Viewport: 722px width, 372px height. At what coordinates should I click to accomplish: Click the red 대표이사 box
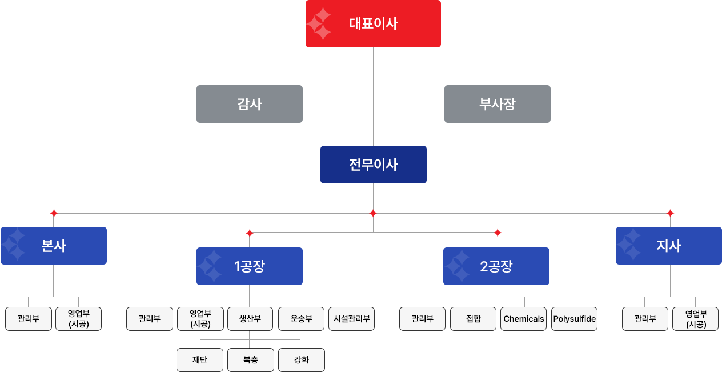pyautogui.click(x=373, y=23)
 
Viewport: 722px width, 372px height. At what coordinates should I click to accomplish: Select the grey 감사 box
pyautogui.click(x=250, y=104)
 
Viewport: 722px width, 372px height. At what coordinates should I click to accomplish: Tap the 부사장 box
pyautogui.click(x=497, y=104)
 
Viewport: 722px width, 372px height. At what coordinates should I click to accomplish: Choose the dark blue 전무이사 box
pyautogui.click(x=373, y=165)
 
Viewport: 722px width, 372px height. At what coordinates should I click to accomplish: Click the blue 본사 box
pyautogui.click(x=54, y=246)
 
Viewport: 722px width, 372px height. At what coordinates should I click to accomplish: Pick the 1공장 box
pyautogui.click(x=250, y=266)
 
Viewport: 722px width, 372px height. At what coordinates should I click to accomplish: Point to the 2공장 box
pyautogui.click(x=496, y=266)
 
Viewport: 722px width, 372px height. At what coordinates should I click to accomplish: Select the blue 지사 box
pyautogui.click(x=668, y=246)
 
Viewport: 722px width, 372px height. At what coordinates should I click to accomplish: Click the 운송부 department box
pyautogui.click(x=301, y=319)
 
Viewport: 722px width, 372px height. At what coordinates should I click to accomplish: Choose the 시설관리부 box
pyautogui.click(x=352, y=319)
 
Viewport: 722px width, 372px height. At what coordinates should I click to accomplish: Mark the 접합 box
pyautogui.click(x=474, y=319)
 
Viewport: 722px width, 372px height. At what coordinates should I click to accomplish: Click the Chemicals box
pyautogui.click(x=524, y=319)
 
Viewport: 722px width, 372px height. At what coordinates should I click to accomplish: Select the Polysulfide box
pyautogui.click(x=574, y=319)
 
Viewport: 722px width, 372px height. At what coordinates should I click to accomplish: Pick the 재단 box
pyautogui.click(x=200, y=360)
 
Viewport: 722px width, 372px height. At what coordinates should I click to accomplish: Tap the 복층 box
pyautogui.click(x=251, y=360)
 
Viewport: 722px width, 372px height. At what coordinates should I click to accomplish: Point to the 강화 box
pyautogui.click(x=301, y=360)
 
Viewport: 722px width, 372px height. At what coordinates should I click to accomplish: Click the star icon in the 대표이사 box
pyautogui.click(x=319, y=23)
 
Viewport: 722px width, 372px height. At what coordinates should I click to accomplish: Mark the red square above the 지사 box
pyautogui.click(x=670, y=213)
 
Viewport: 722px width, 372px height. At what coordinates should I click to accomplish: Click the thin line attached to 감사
pyautogui.click(x=334, y=105)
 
